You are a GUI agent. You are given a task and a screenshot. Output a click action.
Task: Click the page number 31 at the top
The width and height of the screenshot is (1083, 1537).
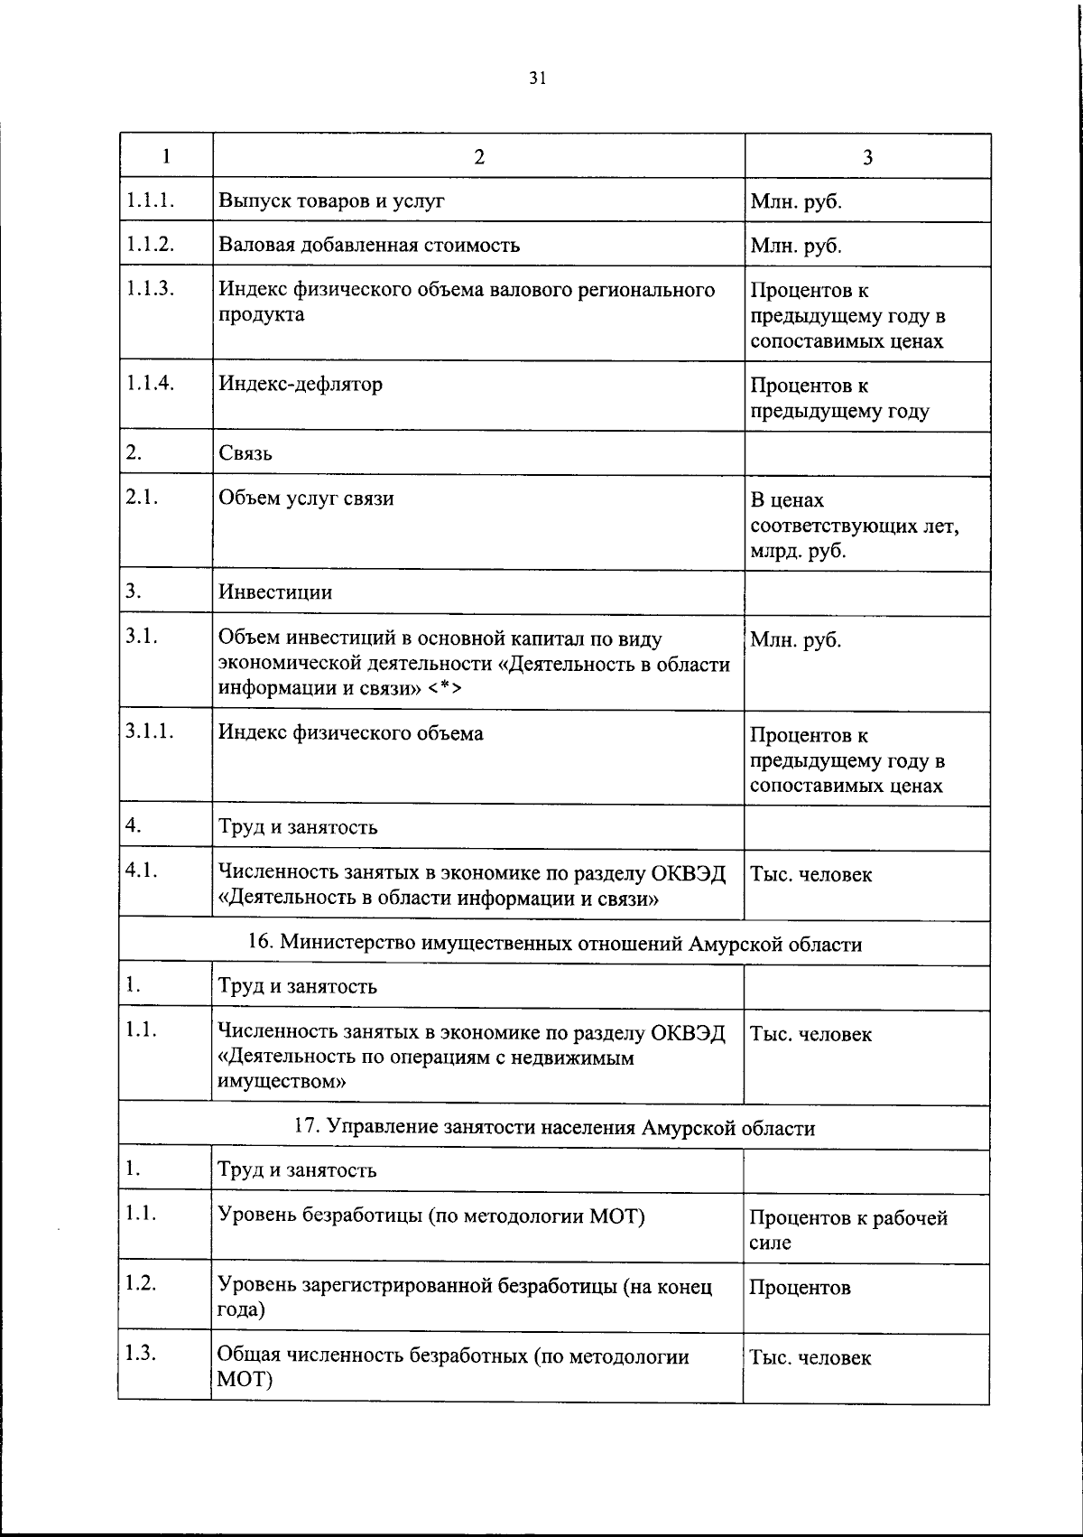pos(537,79)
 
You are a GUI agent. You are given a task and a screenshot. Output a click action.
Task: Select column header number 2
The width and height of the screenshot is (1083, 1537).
pos(479,156)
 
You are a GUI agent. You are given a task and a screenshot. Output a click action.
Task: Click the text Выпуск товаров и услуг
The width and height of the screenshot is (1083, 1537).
pos(331,200)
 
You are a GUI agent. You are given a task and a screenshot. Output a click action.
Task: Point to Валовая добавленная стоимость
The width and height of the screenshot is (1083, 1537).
pos(369,245)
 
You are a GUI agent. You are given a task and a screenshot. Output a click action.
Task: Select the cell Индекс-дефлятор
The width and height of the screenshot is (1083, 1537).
pos(301,384)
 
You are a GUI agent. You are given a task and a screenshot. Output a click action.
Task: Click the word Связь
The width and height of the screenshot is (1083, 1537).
pos(245,453)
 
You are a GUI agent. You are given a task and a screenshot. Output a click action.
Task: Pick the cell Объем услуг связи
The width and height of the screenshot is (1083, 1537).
pos(306,498)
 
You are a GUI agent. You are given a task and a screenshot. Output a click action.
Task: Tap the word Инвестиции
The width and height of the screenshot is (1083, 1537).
pos(275,592)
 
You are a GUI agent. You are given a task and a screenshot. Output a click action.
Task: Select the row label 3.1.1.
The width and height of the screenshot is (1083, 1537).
pos(150,732)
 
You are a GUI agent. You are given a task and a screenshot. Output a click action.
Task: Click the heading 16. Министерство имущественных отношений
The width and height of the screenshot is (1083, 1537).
pos(554,944)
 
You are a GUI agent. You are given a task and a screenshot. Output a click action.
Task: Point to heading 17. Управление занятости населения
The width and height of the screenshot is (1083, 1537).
pos(554,1128)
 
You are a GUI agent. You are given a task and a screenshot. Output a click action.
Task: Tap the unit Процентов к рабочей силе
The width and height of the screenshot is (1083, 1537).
pos(847,1229)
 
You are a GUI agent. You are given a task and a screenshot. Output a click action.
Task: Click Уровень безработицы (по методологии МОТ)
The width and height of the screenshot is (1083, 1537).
pos(431,1216)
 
